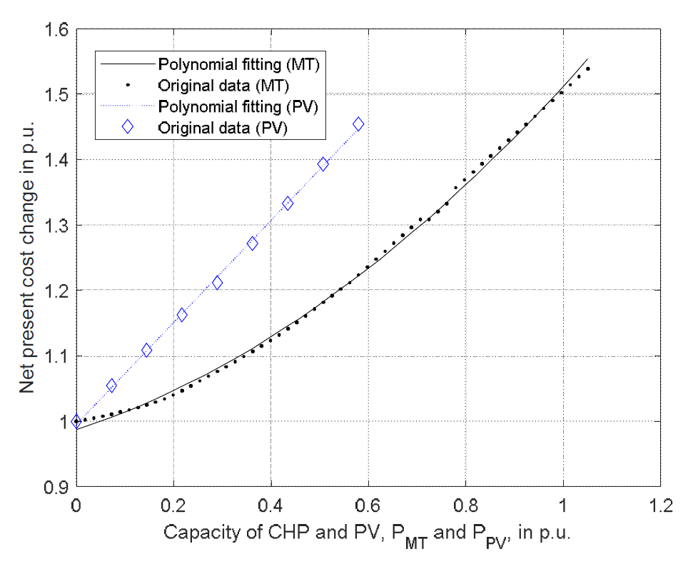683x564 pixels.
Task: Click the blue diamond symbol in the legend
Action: point(128,126)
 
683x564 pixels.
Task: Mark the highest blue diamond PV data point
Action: point(358,124)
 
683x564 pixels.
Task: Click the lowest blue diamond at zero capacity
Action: point(76,421)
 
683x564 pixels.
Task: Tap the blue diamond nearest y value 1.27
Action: point(253,243)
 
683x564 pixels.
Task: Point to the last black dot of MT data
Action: point(588,69)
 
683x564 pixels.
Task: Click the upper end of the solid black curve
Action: point(587,59)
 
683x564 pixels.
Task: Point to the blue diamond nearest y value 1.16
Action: point(182,315)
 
